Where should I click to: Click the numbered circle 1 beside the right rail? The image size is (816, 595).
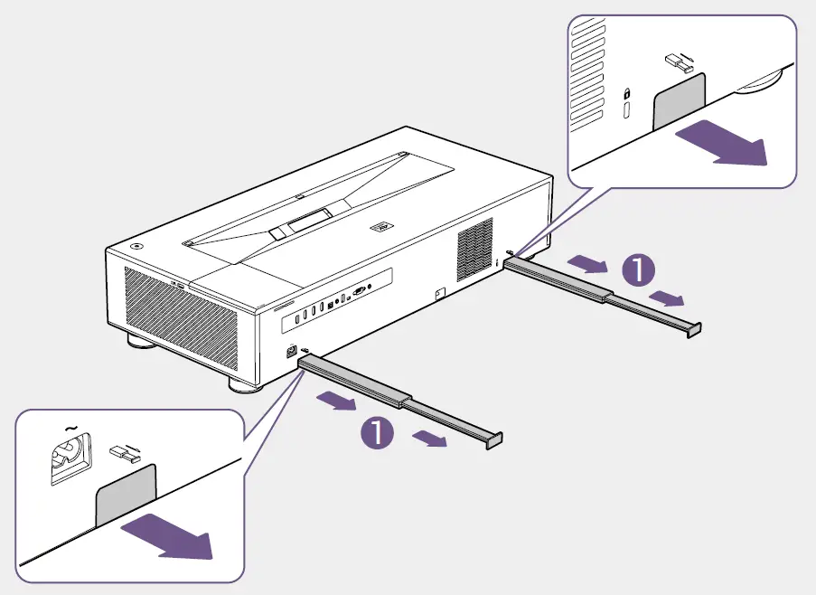pos(640,268)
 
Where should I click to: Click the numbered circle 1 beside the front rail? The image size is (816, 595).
pos(377,433)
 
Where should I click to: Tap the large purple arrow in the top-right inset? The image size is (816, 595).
pos(720,145)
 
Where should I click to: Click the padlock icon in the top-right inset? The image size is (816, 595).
pos(625,93)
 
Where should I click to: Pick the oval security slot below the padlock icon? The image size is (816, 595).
pos(626,112)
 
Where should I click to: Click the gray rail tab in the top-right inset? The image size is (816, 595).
pos(679,99)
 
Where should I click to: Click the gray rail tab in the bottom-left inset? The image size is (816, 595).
pos(127,493)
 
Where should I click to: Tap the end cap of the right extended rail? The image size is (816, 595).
pos(693,329)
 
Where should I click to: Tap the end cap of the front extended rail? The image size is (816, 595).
pos(494,439)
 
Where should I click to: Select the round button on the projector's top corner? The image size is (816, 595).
pos(136,245)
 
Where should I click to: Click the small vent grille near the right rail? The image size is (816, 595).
pos(474,249)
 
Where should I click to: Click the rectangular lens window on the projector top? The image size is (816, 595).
pos(308,219)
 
